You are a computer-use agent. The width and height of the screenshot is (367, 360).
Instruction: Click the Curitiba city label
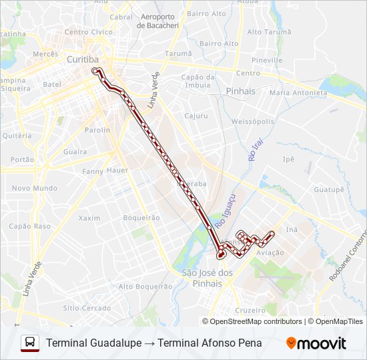pos(83,59)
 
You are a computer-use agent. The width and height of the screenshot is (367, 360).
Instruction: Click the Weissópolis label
pos(253,121)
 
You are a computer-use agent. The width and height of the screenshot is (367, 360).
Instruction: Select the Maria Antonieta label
pos(296,93)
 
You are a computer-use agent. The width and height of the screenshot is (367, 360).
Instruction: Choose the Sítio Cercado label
pos(87,308)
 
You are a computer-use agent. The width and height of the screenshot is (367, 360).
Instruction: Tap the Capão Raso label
pos(29,226)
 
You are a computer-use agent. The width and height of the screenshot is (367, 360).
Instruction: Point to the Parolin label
pos(97,130)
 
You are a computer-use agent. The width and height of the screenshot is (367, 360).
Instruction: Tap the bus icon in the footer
pos(30,343)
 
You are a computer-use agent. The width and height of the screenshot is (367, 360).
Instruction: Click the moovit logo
pos(316,343)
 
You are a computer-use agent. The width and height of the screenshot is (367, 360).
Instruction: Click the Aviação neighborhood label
pos(270,253)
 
